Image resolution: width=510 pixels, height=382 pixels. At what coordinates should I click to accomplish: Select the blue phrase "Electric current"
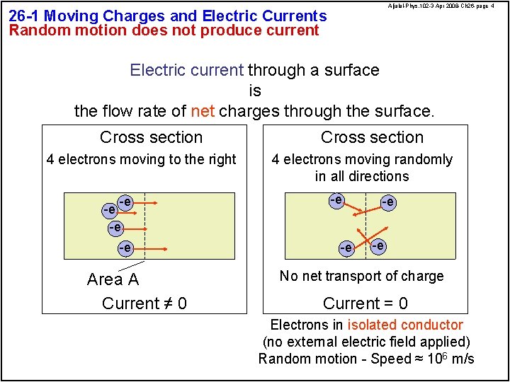tap(186, 70)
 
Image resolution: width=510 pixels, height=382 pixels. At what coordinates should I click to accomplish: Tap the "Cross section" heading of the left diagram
tap(151, 137)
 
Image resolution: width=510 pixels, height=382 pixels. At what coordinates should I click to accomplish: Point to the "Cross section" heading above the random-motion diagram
tap(372, 137)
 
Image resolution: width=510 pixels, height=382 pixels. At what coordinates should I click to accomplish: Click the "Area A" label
tap(113, 279)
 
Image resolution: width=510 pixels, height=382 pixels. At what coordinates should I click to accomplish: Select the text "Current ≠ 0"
tap(144, 303)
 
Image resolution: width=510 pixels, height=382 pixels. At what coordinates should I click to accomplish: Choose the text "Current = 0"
tap(365, 303)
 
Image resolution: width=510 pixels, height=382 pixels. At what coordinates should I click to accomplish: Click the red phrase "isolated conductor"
tap(404, 325)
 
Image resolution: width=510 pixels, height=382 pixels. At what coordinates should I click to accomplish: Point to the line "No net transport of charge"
tap(361, 276)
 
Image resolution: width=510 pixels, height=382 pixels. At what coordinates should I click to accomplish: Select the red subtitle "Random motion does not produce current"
tap(164, 30)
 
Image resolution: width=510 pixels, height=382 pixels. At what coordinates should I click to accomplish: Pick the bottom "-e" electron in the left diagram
tap(125, 248)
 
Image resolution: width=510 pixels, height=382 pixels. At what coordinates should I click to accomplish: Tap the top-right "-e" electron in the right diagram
tap(387, 202)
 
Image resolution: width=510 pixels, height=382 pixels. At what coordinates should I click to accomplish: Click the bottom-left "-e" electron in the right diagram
tap(346, 248)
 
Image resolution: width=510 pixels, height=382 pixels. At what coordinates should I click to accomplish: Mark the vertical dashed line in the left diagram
tap(145, 226)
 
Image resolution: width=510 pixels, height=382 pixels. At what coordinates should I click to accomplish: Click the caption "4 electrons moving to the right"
tap(141, 159)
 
